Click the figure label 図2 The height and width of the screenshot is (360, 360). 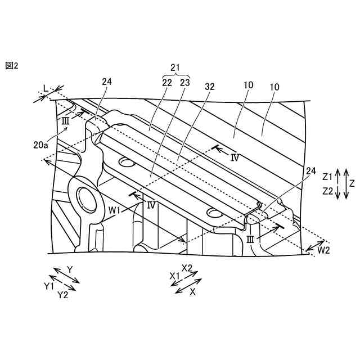(11, 66)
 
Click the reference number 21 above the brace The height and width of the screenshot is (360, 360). (175, 67)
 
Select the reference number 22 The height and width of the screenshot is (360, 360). (167, 83)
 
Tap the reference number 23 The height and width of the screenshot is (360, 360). (185, 83)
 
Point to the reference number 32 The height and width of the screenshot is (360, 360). (210, 87)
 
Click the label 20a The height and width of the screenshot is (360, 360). (41, 145)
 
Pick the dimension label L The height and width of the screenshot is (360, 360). (46, 89)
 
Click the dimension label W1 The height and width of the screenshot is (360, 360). (115, 210)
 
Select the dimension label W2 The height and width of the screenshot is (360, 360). (324, 250)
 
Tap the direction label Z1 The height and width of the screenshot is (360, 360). (327, 177)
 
